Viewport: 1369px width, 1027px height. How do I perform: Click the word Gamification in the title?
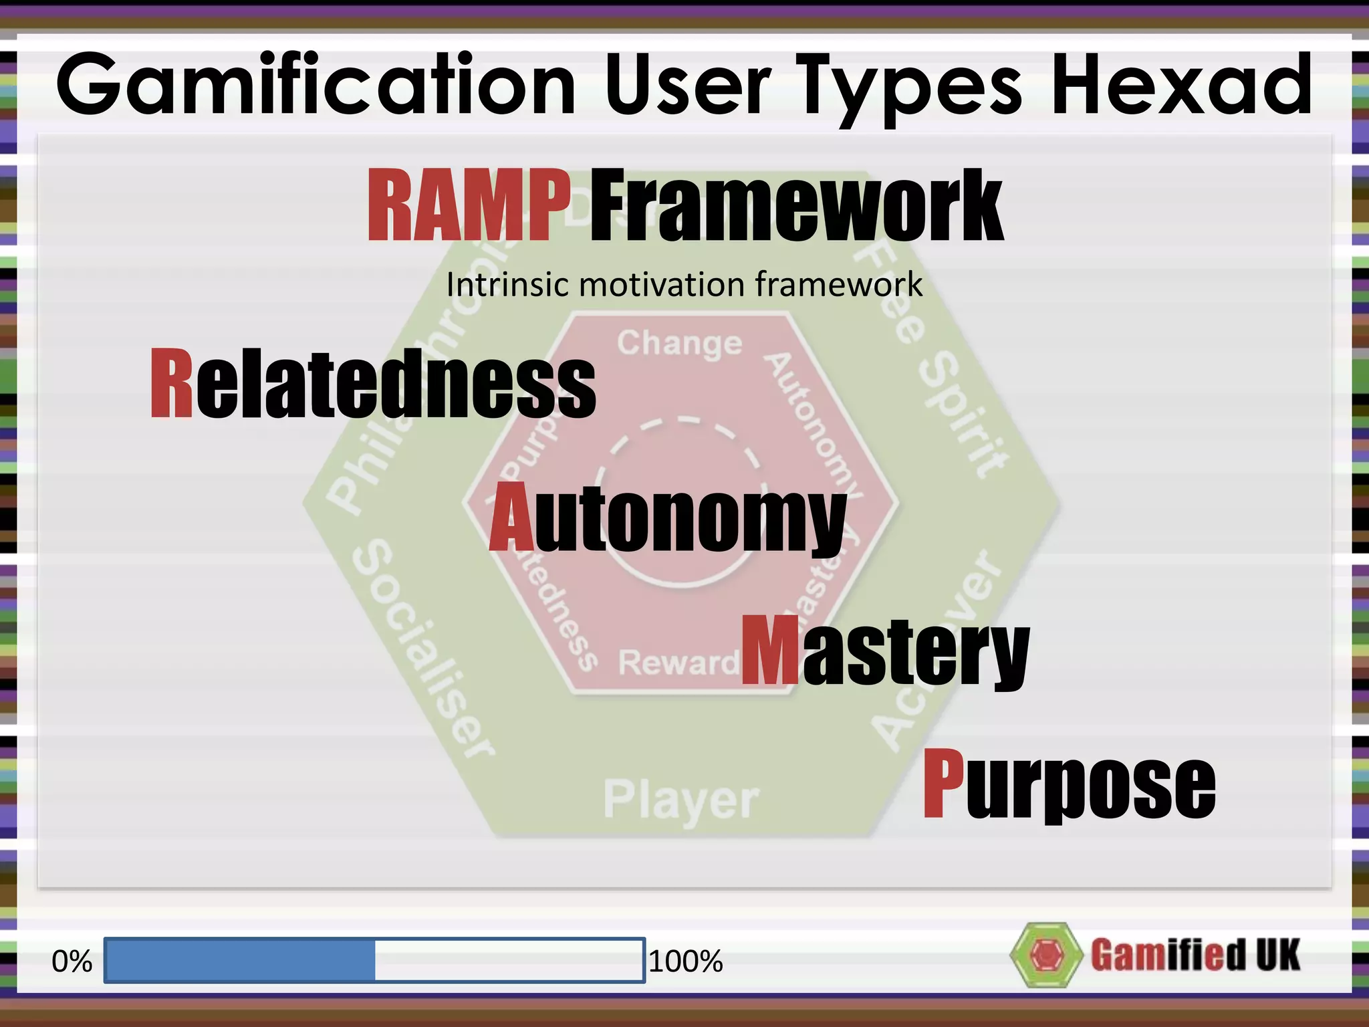[316, 86]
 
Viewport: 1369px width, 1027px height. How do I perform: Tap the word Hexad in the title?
[1181, 86]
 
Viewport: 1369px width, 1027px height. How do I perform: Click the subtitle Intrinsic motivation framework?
[684, 285]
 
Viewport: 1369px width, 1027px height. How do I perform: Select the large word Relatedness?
[373, 385]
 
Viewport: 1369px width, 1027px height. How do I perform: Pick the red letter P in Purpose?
[943, 783]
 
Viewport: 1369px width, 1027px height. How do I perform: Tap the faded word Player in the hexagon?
[680, 800]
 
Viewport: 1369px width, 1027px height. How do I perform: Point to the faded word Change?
[679, 344]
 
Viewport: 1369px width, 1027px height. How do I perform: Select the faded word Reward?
[676, 663]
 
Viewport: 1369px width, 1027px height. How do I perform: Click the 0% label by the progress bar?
[72, 961]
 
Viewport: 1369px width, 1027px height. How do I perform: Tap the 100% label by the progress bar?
[686, 961]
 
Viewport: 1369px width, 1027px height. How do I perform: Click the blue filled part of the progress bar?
[240, 960]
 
